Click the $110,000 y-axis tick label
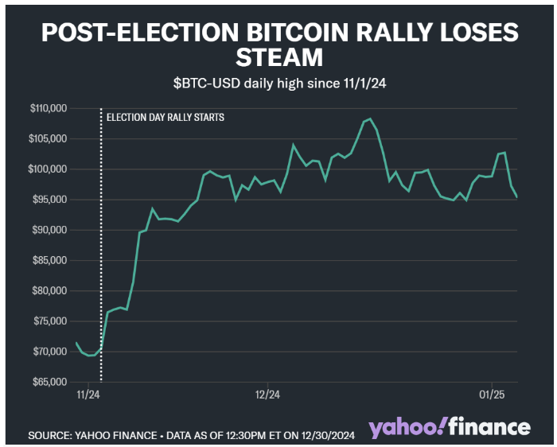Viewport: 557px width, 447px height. click(49, 108)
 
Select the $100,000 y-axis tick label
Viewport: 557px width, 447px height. click(49, 169)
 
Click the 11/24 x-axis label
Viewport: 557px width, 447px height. click(88, 394)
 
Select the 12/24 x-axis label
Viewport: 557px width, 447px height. click(267, 394)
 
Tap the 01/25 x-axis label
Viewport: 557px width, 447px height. click(493, 394)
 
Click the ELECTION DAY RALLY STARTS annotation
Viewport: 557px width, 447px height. click(165, 117)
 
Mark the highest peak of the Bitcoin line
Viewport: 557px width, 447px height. click(370, 119)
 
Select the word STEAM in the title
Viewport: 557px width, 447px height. click(278, 57)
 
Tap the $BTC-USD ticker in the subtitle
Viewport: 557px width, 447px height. click(208, 82)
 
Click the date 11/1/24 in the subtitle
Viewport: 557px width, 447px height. click(359, 82)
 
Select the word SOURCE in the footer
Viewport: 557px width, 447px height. click(50, 436)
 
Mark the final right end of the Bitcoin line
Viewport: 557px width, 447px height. click(518, 197)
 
